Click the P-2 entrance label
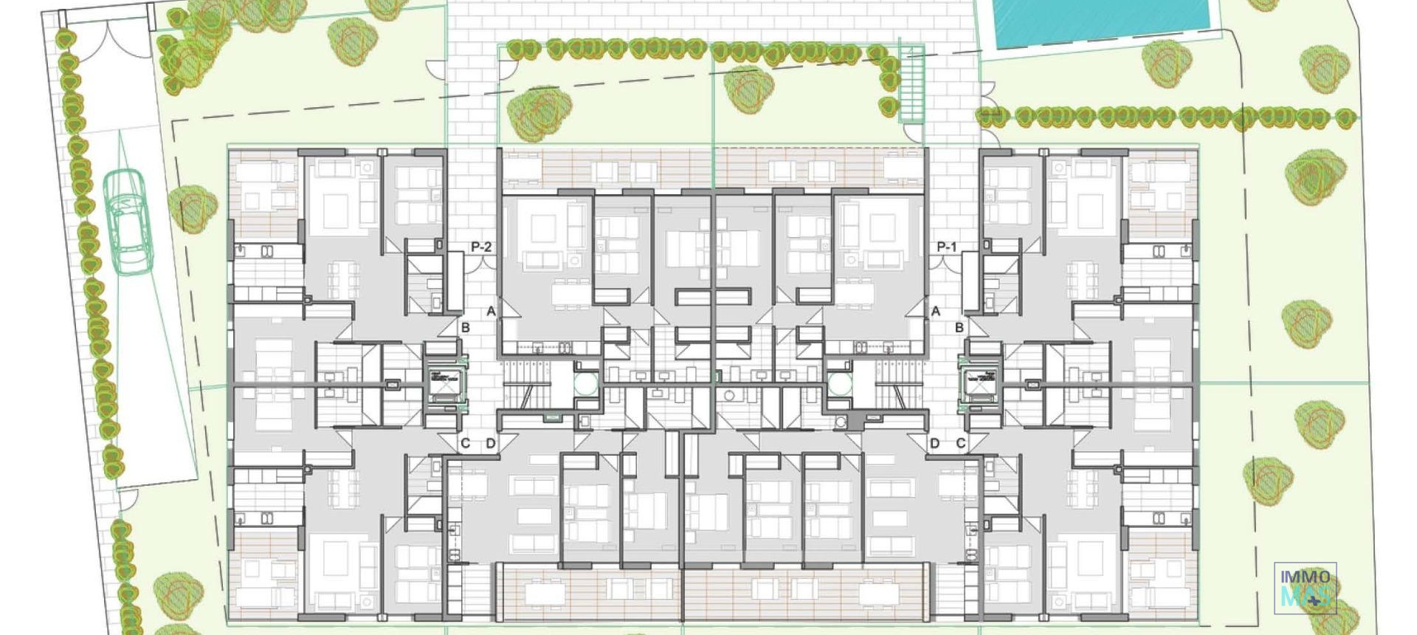pyautogui.click(x=480, y=247)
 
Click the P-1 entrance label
pyautogui.click(x=946, y=247)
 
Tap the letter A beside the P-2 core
pyautogui.click(x=491, y=312)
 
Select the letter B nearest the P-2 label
pyautogui.click(x=465, y=328)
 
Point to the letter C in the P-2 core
pyautogui.click(x=465, y=444)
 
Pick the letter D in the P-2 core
pyautogui.click(x=491, y=444)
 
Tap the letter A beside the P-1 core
pyautogui.click(x=935, y=312)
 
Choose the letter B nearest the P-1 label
pyautogui.click(x=959, y=328)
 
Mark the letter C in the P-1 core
pyautogui.click(x=960, y=444)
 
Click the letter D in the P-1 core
pyautogui.click(x=934, y=444)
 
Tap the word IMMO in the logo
pyautogui.click(x=1305, y=577)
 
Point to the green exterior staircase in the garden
pyautogui.click(x=912, y=83)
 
